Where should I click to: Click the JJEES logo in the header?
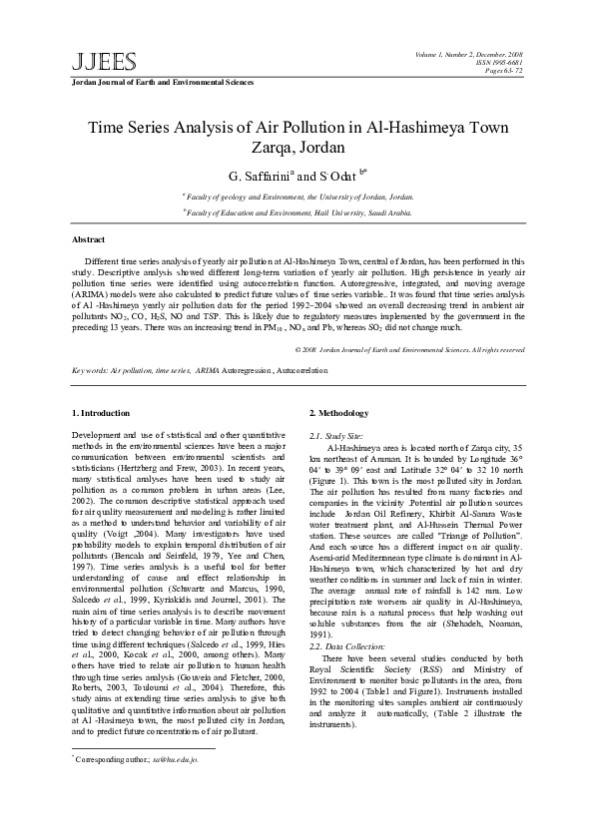(91, 62)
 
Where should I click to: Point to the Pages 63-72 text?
(501, 71)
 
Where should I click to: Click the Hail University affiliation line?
(297, 211)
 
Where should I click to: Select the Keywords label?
(91, 370)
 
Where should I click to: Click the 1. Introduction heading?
(102, 413)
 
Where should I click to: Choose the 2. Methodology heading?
(338, 413)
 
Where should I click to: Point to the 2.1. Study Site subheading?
(335, 436)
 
